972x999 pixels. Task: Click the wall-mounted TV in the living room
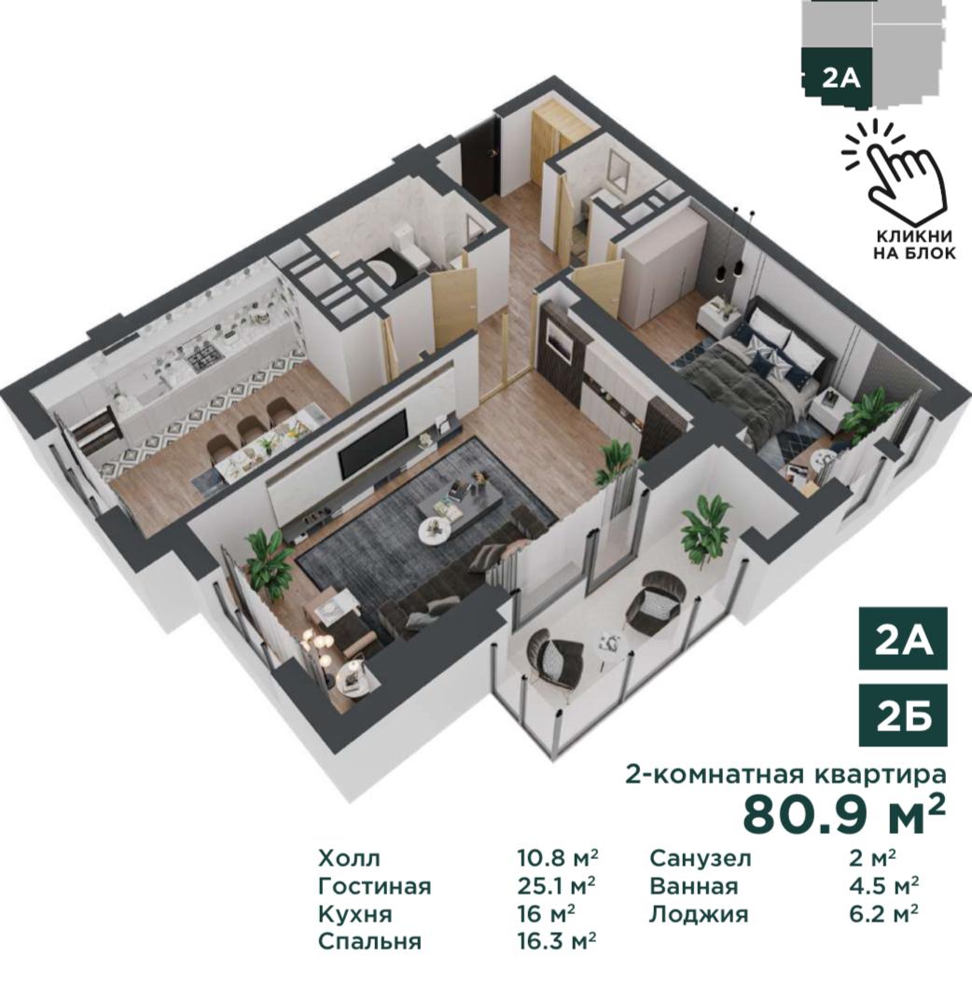(x=372, y=445)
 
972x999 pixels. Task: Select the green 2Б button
(x=903, y=715)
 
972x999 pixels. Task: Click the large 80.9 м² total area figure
(x=844, y=814)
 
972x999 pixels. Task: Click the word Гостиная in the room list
(x=375, y=886)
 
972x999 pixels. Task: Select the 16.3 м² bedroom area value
(x=557, y=940)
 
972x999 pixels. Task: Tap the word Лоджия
(x=699, y=915)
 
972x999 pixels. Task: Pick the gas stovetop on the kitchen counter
(x=204, y=359)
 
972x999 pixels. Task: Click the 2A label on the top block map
(x=840, y=78)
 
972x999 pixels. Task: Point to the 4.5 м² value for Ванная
(x=884, y=886)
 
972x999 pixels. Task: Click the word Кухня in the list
(x=354, y=914)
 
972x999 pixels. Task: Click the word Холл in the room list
(x=349, y=858)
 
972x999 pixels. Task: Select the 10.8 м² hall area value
(x=557, y=858)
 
